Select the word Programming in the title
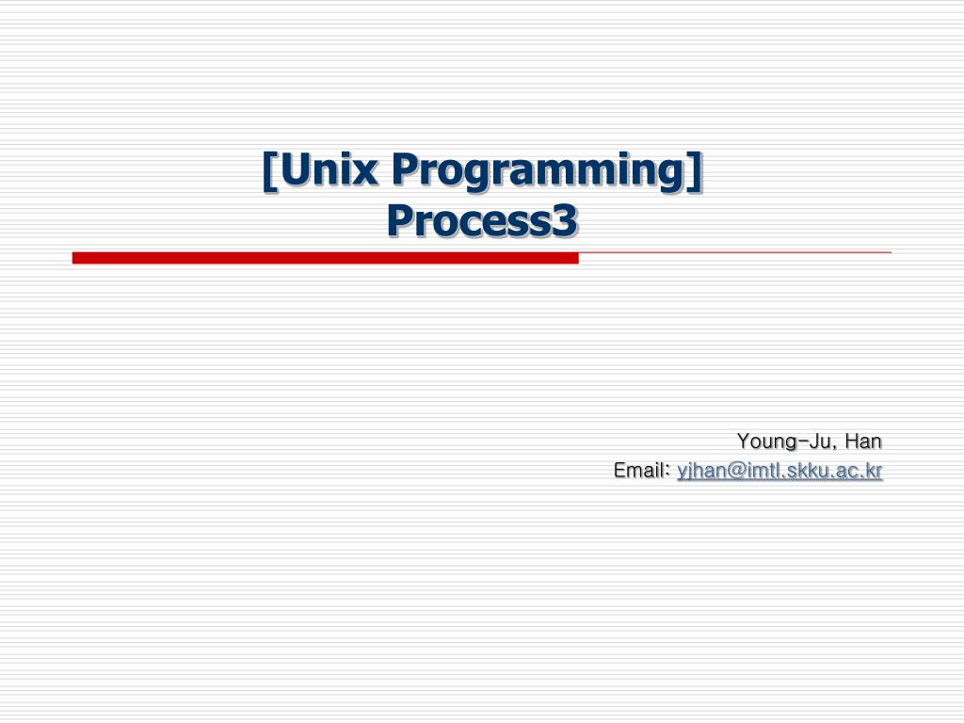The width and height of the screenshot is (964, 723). tap(536, 171)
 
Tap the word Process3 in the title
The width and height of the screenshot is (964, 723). tap(481, 221)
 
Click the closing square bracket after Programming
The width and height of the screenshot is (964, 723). tap(696, 171)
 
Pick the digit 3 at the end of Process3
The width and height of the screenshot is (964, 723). tap(564, 221)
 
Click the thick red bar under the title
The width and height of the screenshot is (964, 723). tap(325, 258)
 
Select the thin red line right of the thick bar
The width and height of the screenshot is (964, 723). tap(734, 252)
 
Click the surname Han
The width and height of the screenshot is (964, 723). tap(863, 441)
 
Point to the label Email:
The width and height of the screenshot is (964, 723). tap(641, 470)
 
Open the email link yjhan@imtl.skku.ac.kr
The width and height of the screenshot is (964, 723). tap(779, 471)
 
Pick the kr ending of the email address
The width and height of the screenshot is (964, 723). tap(874, 471)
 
